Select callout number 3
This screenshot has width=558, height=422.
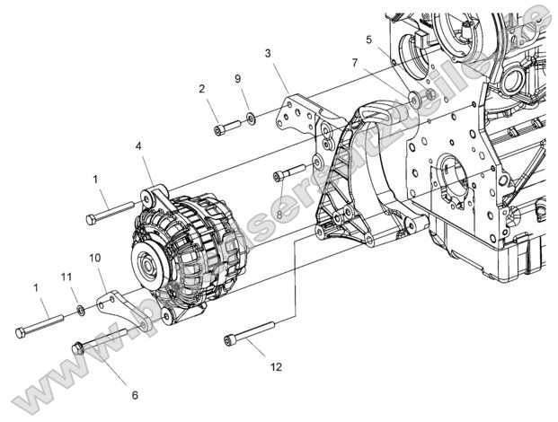[x=268, y=54]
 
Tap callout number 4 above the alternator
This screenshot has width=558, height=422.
[x=137, y=145]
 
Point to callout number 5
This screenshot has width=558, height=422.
[x=368, y=40]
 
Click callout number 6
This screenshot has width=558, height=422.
[x=135, y=393]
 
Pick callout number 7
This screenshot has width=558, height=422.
[x=355, y=63]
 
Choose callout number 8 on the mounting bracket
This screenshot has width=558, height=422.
[x=279, y=215]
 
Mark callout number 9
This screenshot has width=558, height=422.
[x=238, y=79]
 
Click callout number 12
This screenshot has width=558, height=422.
[x=277, y=366]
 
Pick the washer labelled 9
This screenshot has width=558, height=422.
[x=250, y=117]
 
